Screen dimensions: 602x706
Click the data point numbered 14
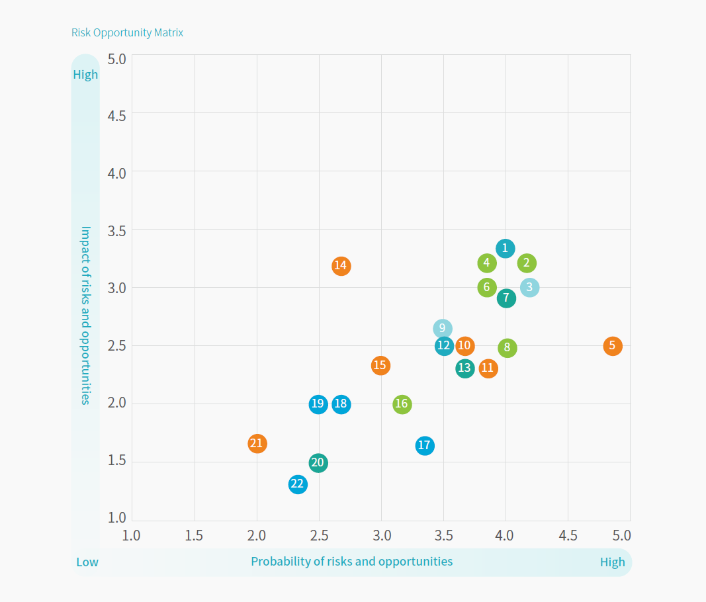click(341, 266)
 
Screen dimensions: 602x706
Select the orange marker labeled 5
click(613, 345)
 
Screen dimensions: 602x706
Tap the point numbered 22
click(298, 484)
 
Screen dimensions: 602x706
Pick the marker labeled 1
click(506, 248)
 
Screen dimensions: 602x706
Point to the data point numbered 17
click(425, 445)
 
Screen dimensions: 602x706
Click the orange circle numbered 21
click(257, 443)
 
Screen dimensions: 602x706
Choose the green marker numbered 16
click(402, 404)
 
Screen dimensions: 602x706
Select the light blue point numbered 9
click(443, 328)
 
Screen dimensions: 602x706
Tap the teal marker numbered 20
click(318, 462)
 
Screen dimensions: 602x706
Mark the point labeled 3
click(529, 287)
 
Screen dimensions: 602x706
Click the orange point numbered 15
click(380, 365)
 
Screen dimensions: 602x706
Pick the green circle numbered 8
click(507, 347)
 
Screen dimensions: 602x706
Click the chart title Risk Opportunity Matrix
click(127, 32)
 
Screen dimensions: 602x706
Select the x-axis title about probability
click(351, 562)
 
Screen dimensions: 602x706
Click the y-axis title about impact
click(85, 315)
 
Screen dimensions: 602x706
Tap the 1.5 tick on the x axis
click(194, 535)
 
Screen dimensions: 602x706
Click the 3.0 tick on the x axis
click(381, 535)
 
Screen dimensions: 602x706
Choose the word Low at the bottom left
click(87, 562)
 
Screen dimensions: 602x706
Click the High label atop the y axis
click(85, 75)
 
